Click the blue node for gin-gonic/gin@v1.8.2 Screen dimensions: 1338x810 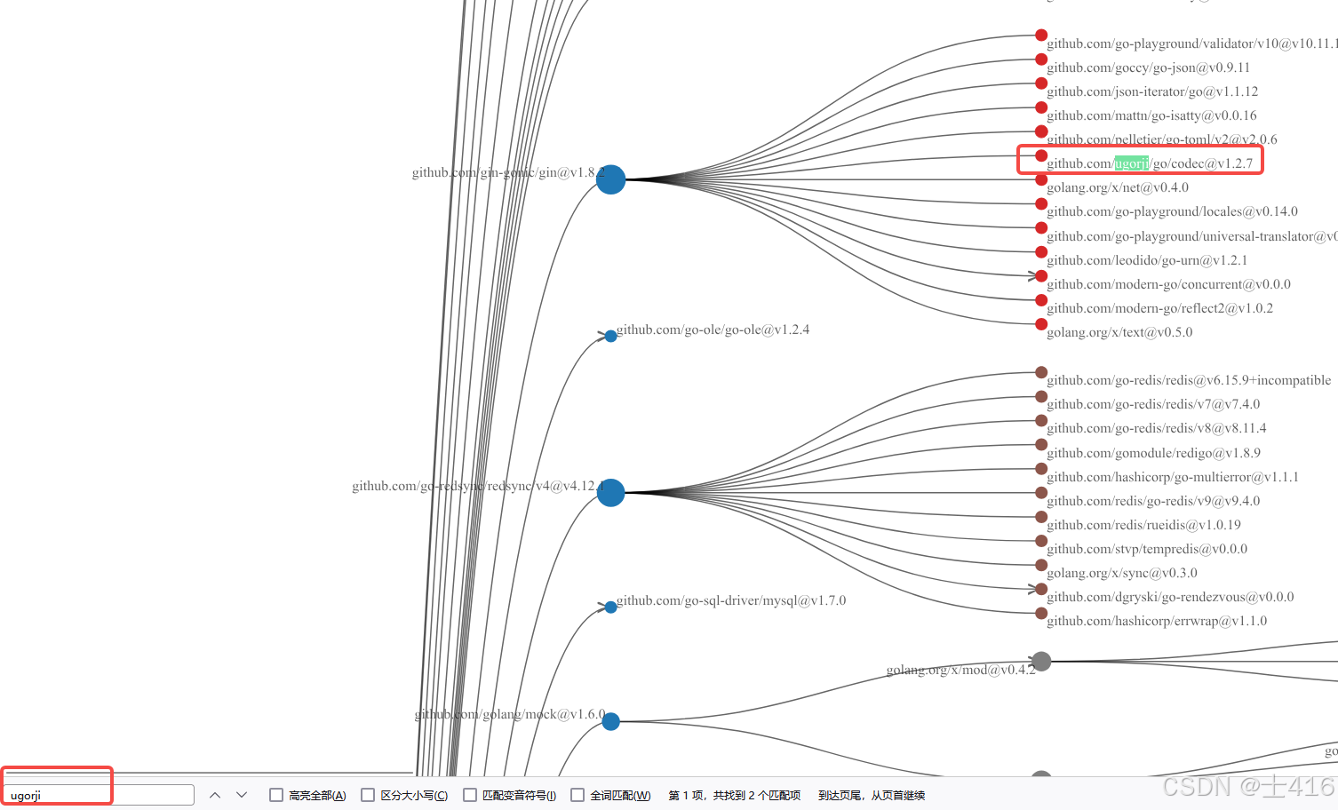pyautogui.click(x=610, y=179)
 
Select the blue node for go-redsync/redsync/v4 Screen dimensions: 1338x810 pyautogui.click(x=610, y=492)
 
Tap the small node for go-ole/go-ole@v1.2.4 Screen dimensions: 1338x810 pyautogui.click(x=610, y=336)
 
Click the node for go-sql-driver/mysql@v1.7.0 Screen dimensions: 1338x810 pyautogui.click(x=610, y=607)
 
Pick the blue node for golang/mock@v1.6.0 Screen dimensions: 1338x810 pyautogui.click(x=610, y=721)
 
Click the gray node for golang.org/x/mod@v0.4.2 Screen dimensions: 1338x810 pyautogui.click(x=1041, y=661)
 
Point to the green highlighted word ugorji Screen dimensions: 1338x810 pyautogui.click(x=1132, y=163)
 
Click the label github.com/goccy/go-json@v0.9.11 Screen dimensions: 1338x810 pyautogui.click(x=1148, y=67)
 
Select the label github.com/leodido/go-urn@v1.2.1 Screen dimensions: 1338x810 pyautogui.click(x=1146, y=260)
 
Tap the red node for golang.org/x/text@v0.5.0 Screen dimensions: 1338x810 pyautogui.click(x=1041, y=324)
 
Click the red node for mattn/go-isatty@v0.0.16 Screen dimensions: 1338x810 pyautogui.click(x=1041, y=107)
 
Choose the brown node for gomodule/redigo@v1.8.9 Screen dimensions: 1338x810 pyautogui.click(x=1041, y=444)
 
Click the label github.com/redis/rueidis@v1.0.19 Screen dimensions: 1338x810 pyautogui.click(x=1143, y=525)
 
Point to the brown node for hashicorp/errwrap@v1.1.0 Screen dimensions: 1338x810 pyautogui.click(x=1041, y=613)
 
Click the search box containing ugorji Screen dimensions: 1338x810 pyautogui.click(x=98, y=795)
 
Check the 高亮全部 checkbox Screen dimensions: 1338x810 pyautogui.click(x=276, y=795)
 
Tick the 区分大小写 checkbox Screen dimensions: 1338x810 pyautogui.click(x=368, y=795)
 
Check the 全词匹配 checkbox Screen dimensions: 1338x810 pyautogui.click(x=577, y=795)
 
